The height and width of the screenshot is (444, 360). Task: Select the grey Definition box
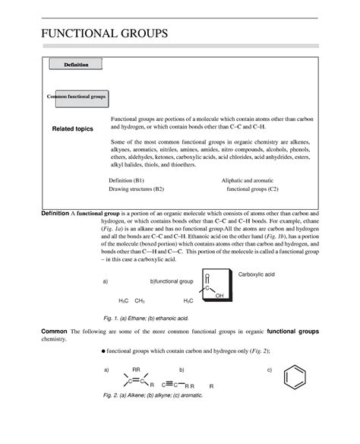point(75,65)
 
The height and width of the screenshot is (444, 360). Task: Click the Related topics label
point(72,128)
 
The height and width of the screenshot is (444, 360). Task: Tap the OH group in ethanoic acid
point(219,296)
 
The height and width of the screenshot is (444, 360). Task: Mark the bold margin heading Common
point(53,333)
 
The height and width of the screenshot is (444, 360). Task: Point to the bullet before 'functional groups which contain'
point(103,353)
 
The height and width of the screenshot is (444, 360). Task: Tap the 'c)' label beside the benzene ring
point(269,369)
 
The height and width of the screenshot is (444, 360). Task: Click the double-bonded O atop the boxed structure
point(207,276)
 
